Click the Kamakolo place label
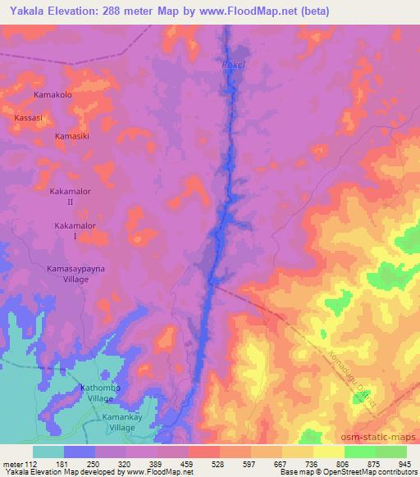click(x=53, y=95)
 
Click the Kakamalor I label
click(x=75, y=230)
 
